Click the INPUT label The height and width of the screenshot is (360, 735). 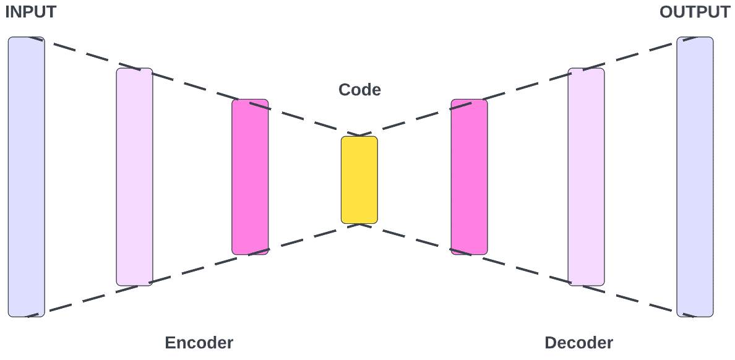tap(30, 12)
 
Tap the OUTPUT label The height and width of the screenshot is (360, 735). tap(694, 12)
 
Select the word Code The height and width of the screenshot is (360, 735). tap(359, 90)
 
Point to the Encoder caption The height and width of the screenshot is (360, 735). tap(199, 343)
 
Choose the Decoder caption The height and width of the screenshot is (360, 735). tap(578, 343)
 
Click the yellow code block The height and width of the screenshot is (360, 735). tap(359, 180)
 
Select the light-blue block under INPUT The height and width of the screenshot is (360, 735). tap(26, 177)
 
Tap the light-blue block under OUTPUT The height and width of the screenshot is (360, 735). tap(694, 177)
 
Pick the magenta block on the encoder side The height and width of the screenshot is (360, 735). tap(250, 177)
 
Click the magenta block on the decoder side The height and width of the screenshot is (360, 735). tap(469, 177)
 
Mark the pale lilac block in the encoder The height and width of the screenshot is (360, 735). tap(134, 177)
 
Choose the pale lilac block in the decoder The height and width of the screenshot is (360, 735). tap(586, 177)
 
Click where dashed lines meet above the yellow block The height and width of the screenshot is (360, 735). tap(359, 134)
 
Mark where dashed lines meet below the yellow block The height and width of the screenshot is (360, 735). tap(359, 225)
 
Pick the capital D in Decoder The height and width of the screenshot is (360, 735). tap(550, 343)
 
